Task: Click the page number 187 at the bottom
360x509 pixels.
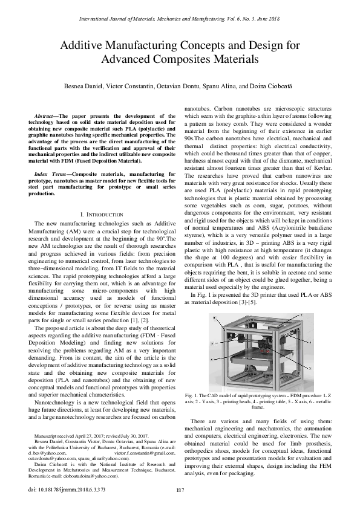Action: point(179,490)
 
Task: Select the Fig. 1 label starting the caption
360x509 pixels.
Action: point(193,395)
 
